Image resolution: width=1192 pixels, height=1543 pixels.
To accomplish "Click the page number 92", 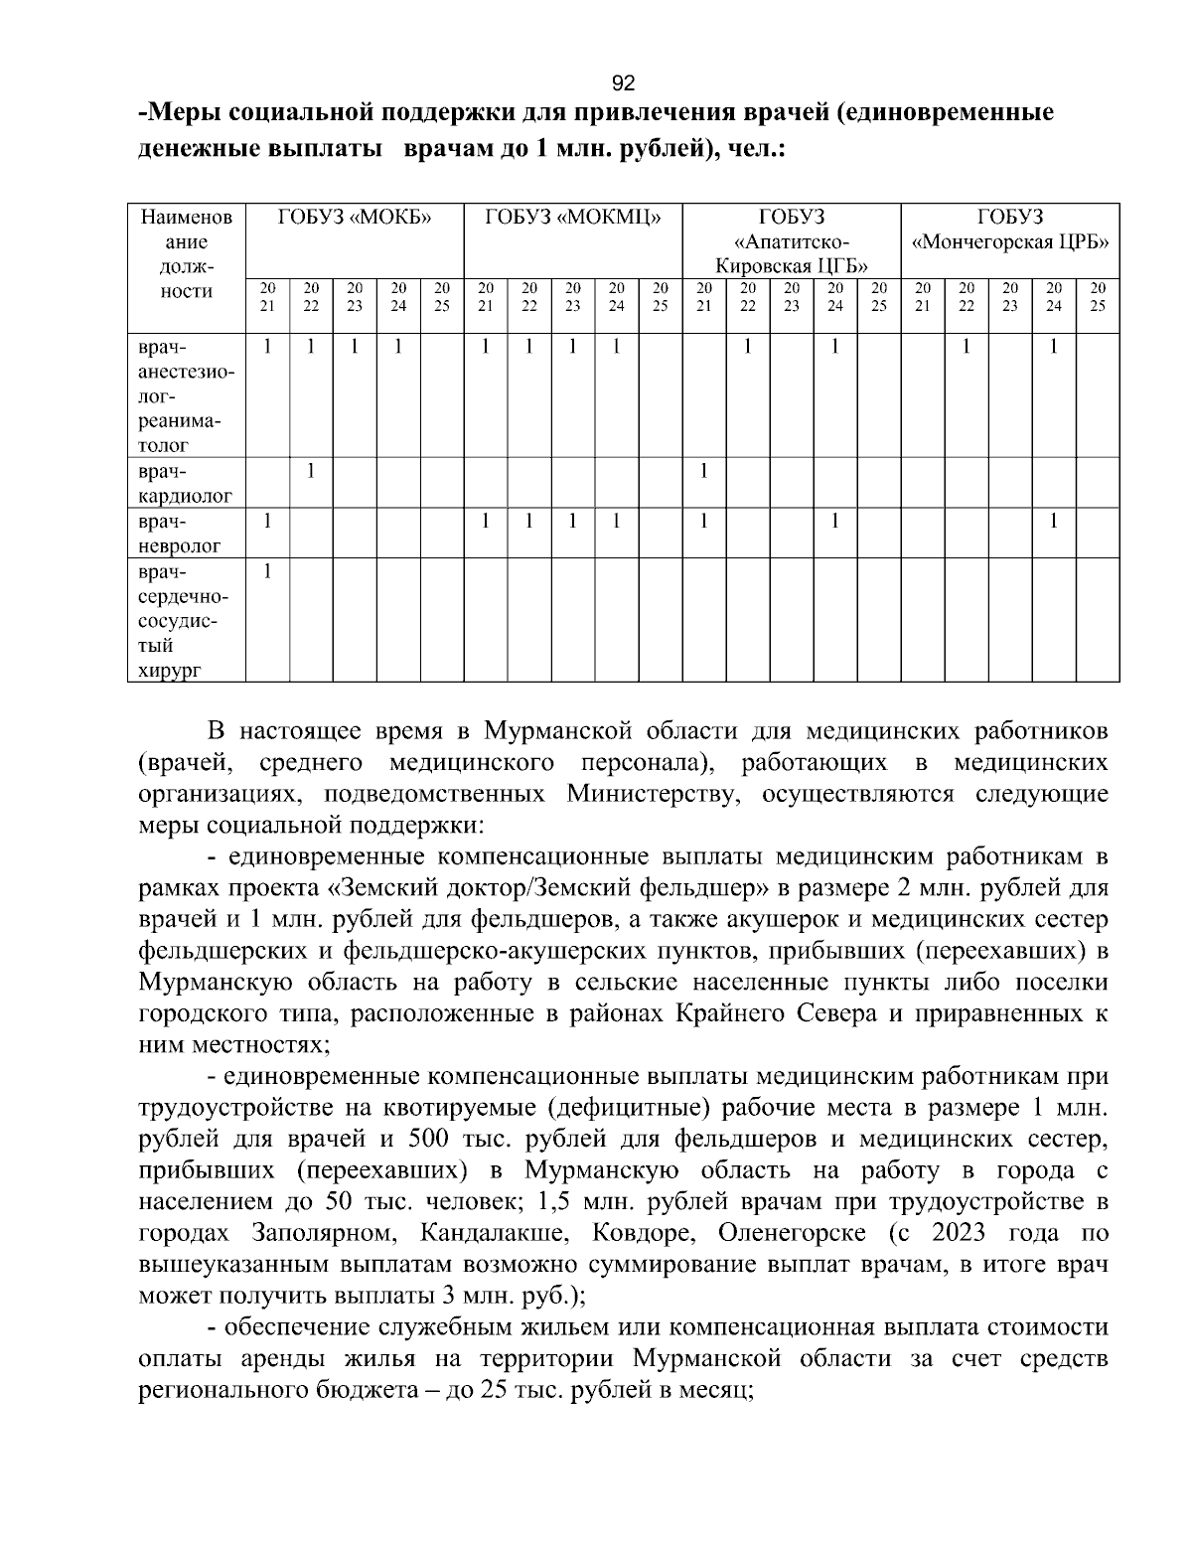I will (623, 82).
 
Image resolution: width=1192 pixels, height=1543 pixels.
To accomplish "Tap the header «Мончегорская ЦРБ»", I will (1010, 241).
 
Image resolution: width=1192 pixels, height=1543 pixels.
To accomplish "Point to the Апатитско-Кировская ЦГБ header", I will (792, 241).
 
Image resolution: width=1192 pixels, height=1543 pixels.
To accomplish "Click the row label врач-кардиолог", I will (186, 483).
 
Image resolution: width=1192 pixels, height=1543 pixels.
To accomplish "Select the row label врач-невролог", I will (186, 533).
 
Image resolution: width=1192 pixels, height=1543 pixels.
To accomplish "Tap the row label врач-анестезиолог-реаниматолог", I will (186, 395).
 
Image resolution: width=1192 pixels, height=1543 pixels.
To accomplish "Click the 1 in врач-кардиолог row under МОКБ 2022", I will (311, 471).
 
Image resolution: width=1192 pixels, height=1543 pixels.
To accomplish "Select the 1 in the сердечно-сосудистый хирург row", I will (267, 571).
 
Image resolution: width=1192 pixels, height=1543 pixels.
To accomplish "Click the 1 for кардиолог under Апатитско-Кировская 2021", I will (704, 471).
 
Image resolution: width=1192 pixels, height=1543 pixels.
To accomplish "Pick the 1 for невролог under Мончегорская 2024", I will (1054, 521).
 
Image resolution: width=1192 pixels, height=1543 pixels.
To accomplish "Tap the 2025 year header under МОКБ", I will (442, 297).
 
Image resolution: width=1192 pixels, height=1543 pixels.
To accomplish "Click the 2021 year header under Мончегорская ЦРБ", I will (923, 297).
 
